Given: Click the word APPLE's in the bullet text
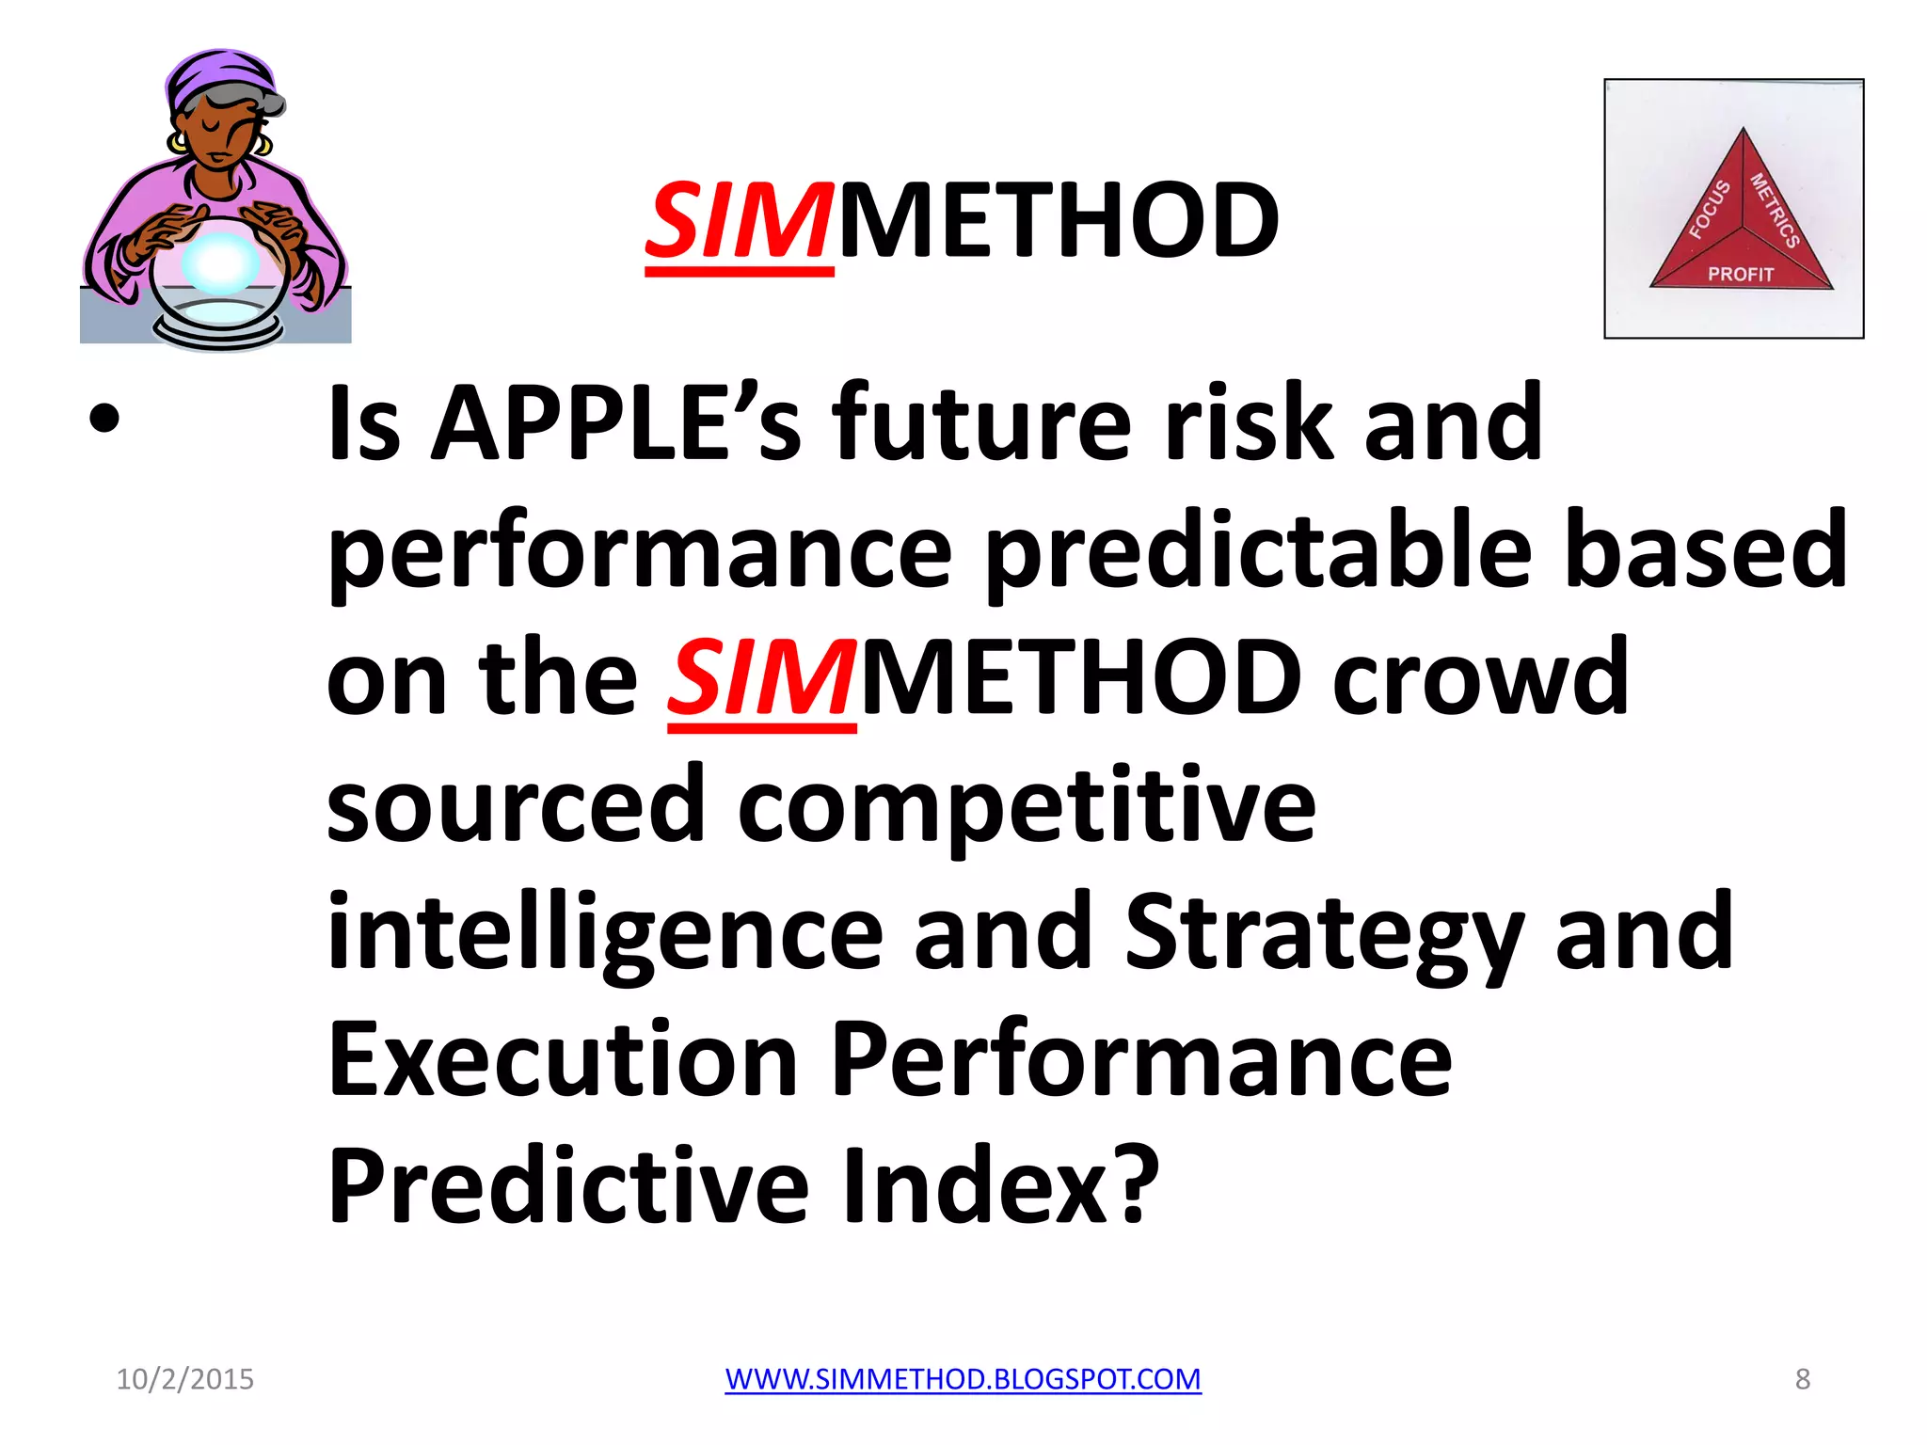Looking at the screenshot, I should click(x=616, y=423).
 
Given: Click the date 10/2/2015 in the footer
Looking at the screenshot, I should click(x=184, y=1379).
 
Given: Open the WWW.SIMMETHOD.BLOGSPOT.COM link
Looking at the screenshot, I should click(x=963, y=1379).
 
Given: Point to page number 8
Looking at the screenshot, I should click(x=1802, y=1379).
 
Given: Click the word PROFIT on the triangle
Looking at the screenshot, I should click(x=1740, y=274).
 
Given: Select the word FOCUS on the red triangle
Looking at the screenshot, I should click(x=1709, y=209).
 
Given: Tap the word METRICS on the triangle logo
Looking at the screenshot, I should click(x=1775, y=210).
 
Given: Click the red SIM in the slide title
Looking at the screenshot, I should click(x=739, y=222).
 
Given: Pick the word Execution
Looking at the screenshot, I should click(x=563, y=1059).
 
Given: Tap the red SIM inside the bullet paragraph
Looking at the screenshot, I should click(x=761, y=677).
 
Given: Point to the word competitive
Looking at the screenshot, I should click(x=1026, y=805).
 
